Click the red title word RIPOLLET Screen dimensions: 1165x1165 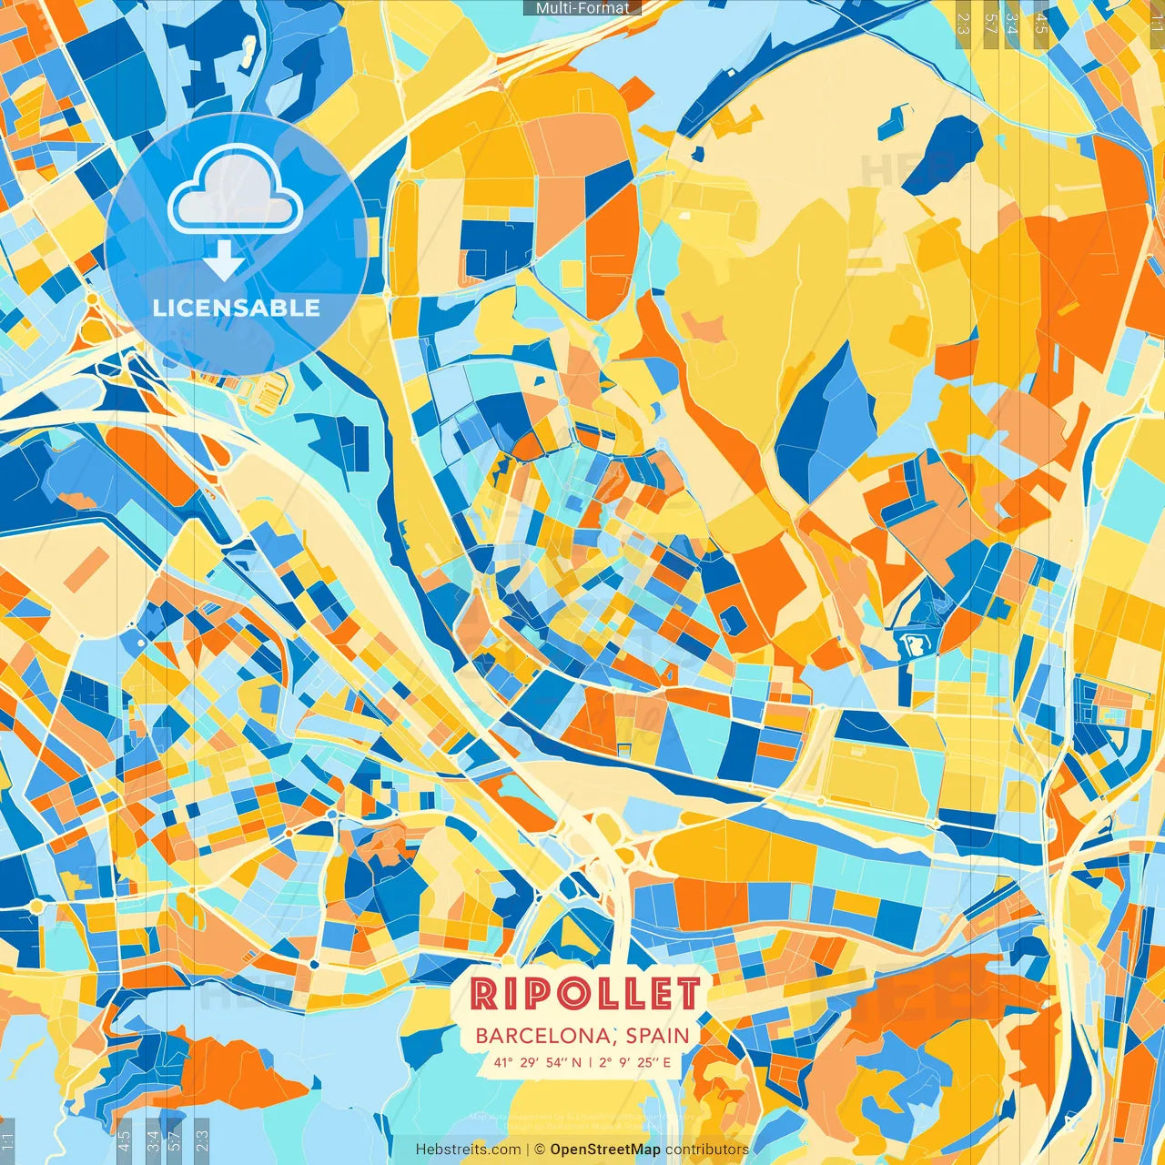[586, 994]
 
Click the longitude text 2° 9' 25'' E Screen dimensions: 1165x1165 [635, 1062]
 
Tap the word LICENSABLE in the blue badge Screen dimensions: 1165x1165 [237, 308]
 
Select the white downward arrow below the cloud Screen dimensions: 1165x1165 [223, 260]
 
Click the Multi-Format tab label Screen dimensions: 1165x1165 [582, 7]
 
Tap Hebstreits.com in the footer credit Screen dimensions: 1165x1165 [468, 1150]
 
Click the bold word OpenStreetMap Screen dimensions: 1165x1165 [605, 1150]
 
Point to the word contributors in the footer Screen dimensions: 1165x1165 [707, 1150]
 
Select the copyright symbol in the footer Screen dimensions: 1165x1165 [539, 1150]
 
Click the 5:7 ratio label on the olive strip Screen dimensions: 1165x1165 [990, 24]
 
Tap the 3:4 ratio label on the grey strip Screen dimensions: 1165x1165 [1011, 24]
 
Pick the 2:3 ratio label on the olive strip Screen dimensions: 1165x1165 [963, 24]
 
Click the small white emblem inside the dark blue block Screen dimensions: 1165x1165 [911, 644]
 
